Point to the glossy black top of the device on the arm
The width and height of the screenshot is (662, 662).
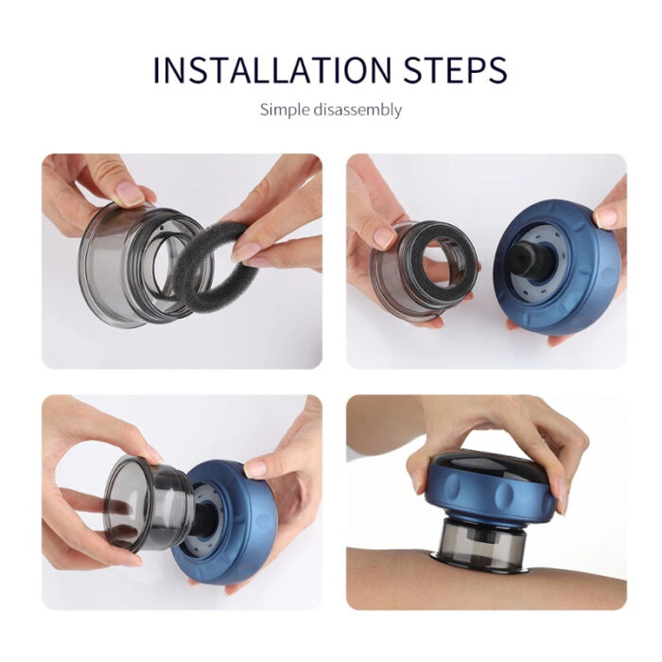(492, 468)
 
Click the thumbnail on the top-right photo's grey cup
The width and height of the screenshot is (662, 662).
(384, 237)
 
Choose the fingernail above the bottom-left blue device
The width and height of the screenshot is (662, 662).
(255, 467)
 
